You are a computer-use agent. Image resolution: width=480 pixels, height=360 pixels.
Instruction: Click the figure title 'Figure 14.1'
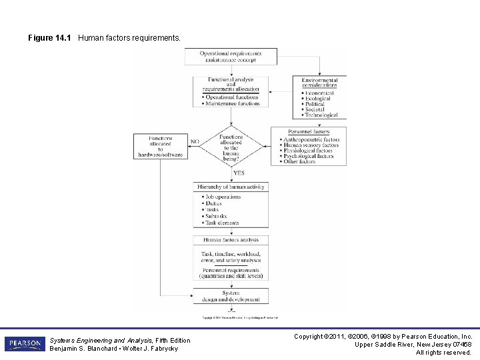click(x=50, y=38)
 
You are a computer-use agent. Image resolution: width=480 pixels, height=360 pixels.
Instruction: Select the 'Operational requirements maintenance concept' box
click(x=231, y=57)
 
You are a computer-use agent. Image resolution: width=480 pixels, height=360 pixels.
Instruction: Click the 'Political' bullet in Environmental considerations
click(x=314, y=104)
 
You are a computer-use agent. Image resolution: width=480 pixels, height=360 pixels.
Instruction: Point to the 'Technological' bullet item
click(x=320, y=115)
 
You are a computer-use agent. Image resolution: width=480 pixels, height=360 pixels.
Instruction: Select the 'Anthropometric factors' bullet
click(x=311, y=140)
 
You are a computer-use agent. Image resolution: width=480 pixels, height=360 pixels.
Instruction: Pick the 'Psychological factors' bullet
click(x=310, y=156)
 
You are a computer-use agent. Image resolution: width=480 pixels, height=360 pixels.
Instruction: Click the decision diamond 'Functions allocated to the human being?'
click(x=231, y=145)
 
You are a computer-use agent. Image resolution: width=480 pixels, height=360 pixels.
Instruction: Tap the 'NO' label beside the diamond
click(x=195, y=141)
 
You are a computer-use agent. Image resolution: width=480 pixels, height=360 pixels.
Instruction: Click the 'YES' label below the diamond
click(x=238, y=173)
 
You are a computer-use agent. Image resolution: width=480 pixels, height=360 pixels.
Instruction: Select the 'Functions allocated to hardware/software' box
click(x=160, y=146)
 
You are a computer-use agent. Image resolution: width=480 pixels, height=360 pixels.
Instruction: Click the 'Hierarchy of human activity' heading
click(x=231, y=187)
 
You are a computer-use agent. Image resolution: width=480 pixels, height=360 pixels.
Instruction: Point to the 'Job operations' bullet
click(x=223, y=197)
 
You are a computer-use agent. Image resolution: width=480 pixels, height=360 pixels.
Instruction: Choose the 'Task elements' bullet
click(x=222, y=223)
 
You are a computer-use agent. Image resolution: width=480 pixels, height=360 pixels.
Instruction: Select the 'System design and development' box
click(x=231, y=295)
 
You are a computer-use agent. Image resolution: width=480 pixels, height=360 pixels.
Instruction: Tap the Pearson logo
click(x=25, y=344)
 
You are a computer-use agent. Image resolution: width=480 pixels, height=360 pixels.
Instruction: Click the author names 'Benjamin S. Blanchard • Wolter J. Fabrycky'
click(x=114, y=349)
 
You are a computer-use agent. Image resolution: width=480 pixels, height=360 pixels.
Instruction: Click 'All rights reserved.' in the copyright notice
click(x=443, y=353)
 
